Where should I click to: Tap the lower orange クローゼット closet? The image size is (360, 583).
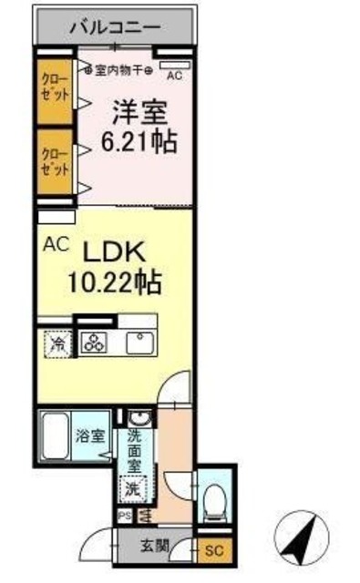pyautogui.click(x=56, y=162)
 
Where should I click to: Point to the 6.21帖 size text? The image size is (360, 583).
pyautogui.click(x=139, y=143)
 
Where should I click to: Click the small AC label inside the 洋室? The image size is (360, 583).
pyautogui.click(x=174, y=77)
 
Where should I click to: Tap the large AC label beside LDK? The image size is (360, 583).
pyautogui.click(x=54, y=244)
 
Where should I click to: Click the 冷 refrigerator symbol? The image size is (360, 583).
pyautogui.click(x=57, y=343)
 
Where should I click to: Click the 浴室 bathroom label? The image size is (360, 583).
pyautogui.click(x=89, y=435)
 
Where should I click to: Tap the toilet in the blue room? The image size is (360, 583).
pyautogui.click(x=215, y=497)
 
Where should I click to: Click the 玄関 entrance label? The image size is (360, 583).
pyautogui.click(x=154, y=547)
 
